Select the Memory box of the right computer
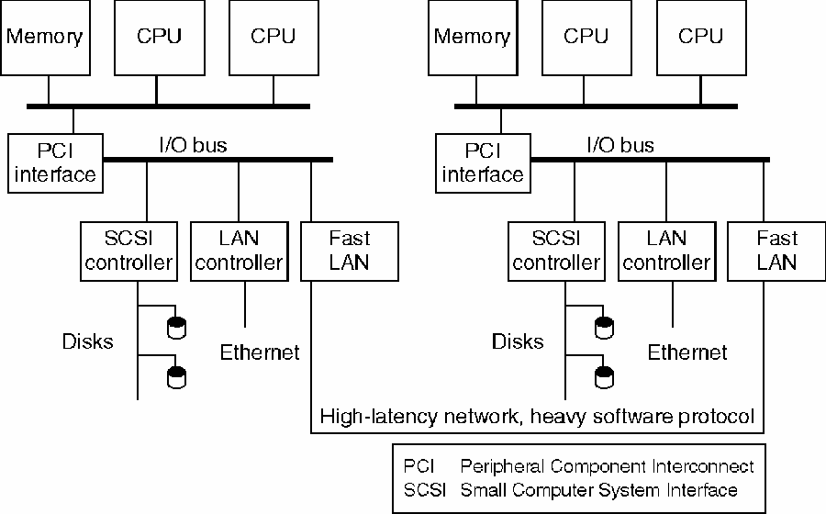(x=471, y=38)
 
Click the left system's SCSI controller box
(x=127, y=251)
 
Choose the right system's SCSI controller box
(x=555, y=251)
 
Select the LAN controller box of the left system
(x=239, y=251)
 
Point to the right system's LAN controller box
(x=666, y=251)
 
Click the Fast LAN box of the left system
(x=349, y=251)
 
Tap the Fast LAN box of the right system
(x=776, y=251)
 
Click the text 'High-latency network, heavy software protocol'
(x=537, y=417)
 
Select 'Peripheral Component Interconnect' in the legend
(x=607, y=466)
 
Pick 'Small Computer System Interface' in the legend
(x=598, y=489)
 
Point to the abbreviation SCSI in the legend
(x=424, y=489)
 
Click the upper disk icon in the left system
(x=175, y=325)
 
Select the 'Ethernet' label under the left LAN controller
(x=260, y=352)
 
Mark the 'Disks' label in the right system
(x=518, y=342)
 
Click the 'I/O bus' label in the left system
(x=193, y=145)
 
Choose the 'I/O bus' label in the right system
(x=620, y=145)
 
